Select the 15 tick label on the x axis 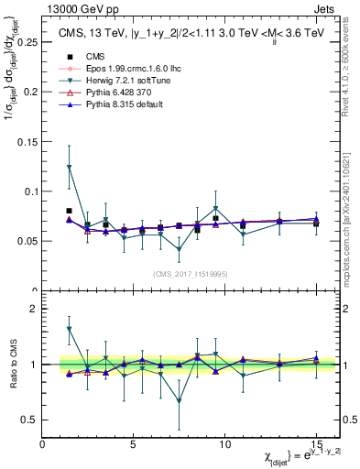316,444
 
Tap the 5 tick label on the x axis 134,444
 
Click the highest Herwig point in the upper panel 70,167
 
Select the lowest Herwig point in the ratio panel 179,400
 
